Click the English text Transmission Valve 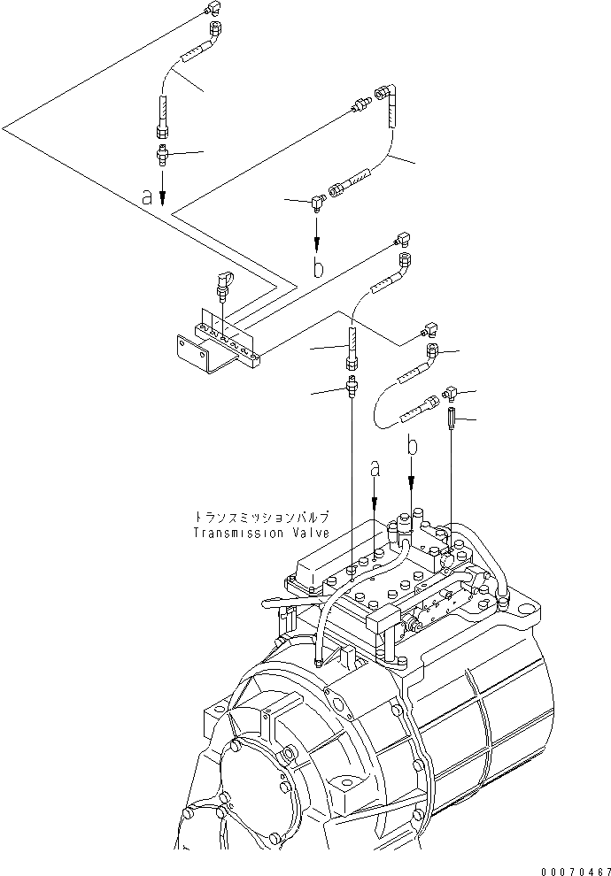tap(262, 534)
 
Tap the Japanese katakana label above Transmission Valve tap(262, 517)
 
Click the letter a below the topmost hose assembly tap(148, 197)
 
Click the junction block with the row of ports tap(228, 342)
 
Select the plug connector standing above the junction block tap(221, 288)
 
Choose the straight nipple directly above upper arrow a tap(162, 157)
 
